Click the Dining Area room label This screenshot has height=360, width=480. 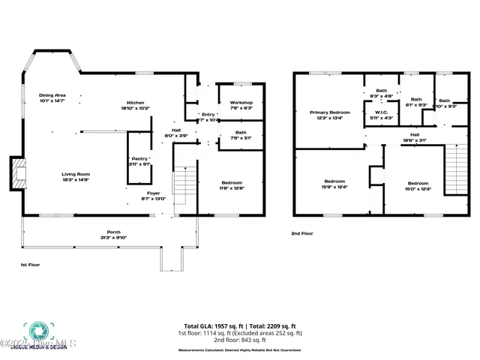click(52, 95)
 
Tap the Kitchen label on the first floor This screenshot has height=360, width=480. click(135, 103)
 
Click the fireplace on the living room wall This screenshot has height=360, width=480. click(16, 173)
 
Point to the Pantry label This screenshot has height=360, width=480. click(139, 159)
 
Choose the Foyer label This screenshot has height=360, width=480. click(154, 193)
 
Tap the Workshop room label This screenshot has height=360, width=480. click(241, 102)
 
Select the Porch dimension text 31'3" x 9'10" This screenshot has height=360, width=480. click(114, 237)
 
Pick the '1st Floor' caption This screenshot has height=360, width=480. click(31, 265)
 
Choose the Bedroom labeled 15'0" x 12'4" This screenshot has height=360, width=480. click(418, 184)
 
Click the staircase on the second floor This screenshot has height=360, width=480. click(456, 169)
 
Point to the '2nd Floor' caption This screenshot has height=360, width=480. click(302, 233)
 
